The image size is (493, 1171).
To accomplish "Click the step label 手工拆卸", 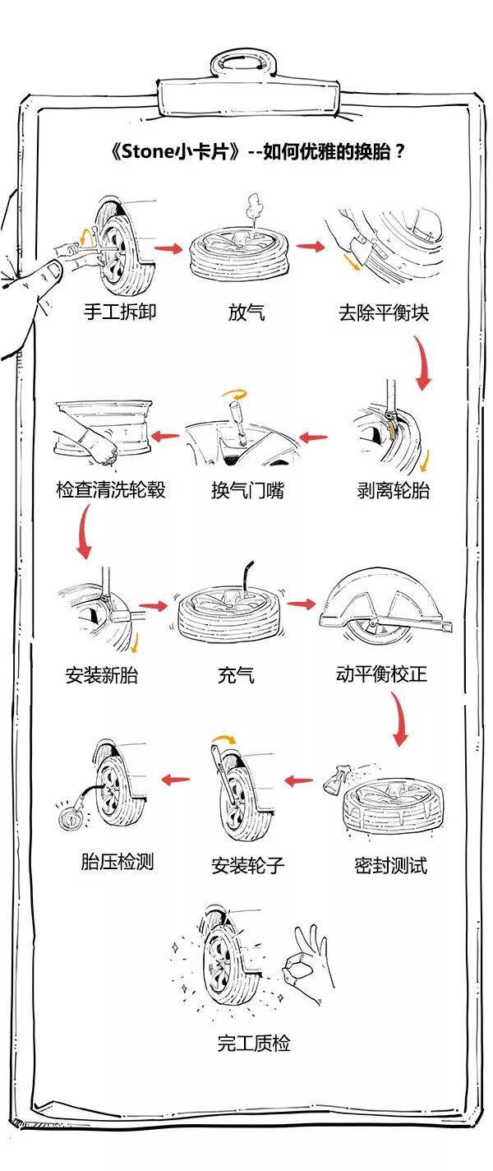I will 119,312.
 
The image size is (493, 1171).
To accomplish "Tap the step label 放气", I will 246,312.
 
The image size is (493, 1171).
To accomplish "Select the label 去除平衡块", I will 383,312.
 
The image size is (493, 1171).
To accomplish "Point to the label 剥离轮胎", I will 393,491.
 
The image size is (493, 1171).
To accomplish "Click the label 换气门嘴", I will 247,491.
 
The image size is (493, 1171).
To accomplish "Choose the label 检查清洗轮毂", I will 111,491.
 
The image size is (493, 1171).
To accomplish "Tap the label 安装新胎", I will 101,676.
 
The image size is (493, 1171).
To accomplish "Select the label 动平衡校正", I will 381,676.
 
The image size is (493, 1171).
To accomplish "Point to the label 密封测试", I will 390,865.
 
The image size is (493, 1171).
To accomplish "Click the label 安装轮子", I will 247,865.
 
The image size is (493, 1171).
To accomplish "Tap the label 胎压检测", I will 117,861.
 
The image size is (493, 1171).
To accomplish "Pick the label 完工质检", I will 253,1044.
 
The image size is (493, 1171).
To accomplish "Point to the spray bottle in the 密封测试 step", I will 337,776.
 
